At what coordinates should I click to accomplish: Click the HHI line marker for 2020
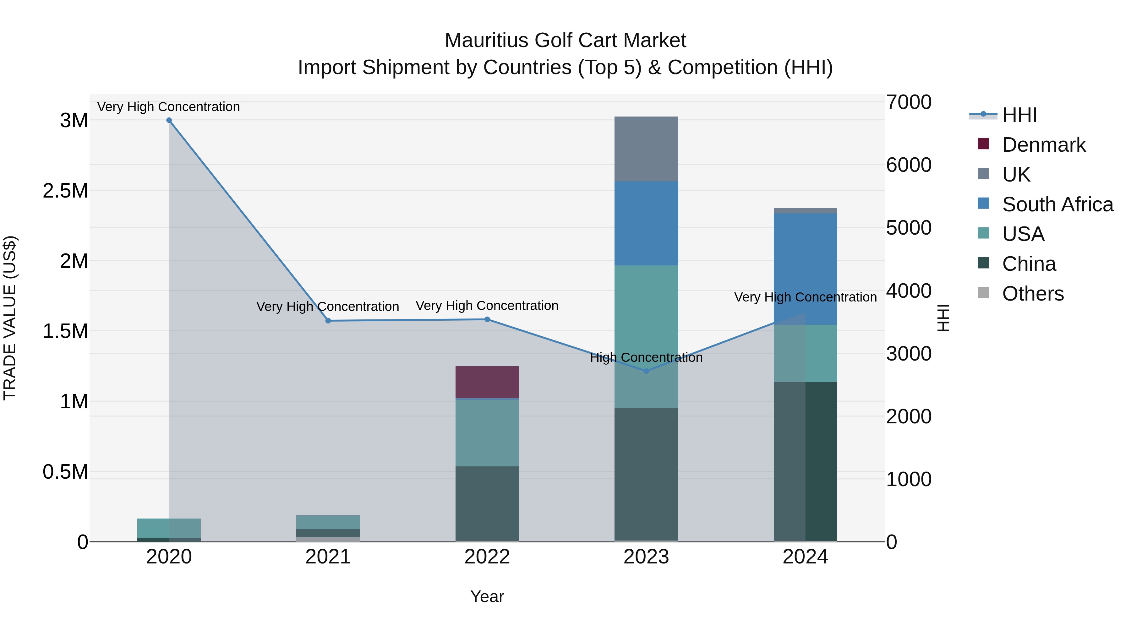[x=169, y=120]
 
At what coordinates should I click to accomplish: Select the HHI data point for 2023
[x=646, y=371]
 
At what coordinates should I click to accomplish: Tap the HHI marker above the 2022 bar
[x=487, y=319]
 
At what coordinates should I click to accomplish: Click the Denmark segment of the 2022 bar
[x=487, y=382]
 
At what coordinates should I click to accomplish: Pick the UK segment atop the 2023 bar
[x=646, y=148]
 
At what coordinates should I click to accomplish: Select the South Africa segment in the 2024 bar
[x=805, y=269]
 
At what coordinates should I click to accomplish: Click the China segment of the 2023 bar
[x=646, y=474]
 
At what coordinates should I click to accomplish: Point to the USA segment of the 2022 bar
[x=487, y=432]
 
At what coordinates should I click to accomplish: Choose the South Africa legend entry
[x=1057, y=204]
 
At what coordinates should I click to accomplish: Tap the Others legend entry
[x=1032, y=294]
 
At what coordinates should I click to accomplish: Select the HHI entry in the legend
[x=1019, y=115]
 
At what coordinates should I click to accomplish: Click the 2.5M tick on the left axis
[x=65, y=191]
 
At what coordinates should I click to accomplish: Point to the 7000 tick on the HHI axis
[x=908, y=102]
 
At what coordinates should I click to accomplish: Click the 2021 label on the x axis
[x=328, y=557]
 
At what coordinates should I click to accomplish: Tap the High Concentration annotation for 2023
[x=646, y=357]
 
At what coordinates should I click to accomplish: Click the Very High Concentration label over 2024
[x=805, y=297]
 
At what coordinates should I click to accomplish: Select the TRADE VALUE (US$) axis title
[x=10, y=318]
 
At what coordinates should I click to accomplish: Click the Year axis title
[x=487, y=596]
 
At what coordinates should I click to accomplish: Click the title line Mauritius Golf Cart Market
[x=565, y=41]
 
